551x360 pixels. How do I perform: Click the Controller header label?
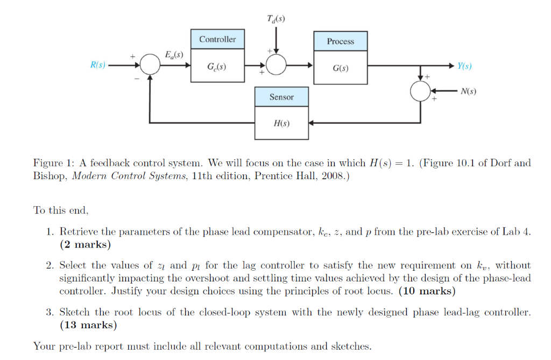[217, 39]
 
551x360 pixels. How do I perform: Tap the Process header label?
[341, 41]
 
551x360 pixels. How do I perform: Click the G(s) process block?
[341, 69]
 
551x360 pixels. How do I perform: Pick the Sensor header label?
[281, 97]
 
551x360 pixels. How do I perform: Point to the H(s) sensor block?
[281, 123]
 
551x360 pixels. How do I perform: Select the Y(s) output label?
[464, 66]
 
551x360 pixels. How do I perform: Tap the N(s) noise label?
[468, 91]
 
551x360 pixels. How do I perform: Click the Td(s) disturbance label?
[276, 19]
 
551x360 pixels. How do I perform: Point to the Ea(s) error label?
[174, 55]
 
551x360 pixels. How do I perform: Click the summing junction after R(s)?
[150, 66]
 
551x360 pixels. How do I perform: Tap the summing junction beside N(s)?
[420, 91]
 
